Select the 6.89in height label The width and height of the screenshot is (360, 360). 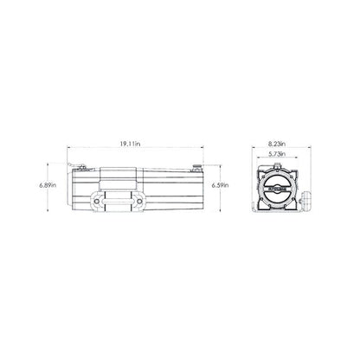tap(49, 185)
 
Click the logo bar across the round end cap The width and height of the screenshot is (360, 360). tap(277, 184)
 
